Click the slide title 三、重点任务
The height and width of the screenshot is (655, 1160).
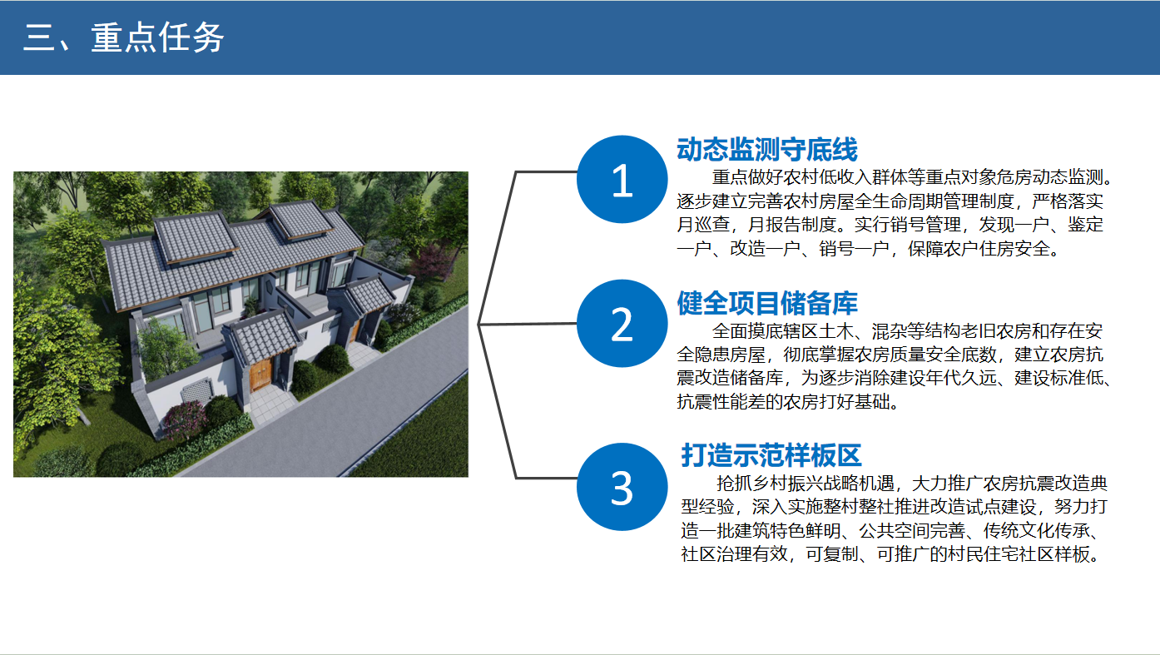tap(123, 37)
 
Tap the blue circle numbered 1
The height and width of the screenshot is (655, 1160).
tap(622, 179)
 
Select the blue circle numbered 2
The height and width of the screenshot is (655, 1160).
tap(622, 324)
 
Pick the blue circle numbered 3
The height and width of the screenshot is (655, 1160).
tap(622, 487)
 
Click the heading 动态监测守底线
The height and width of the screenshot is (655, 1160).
tap(767, 149)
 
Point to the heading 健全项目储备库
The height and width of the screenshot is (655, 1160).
tap(767, 303)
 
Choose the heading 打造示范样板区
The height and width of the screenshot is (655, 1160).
tap(771, 455)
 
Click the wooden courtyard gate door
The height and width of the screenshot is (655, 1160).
tap(260, 374)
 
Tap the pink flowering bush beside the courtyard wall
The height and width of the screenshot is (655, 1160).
tap(185, 419)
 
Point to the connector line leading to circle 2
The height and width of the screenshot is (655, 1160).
tap(528, 324)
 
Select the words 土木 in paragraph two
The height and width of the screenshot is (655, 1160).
tap(835, 331)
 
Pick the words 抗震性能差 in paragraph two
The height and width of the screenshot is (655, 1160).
tap(721, 402)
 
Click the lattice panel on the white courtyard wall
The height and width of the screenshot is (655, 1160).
tap(196, 390)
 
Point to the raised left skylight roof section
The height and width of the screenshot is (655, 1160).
tap(196, 236)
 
